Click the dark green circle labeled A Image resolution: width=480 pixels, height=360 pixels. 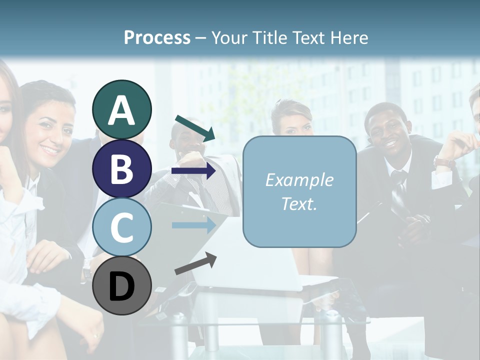tap(121, 109)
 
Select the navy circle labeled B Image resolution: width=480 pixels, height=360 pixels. tap(121, 168)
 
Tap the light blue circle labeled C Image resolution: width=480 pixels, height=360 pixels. tap(121, 227)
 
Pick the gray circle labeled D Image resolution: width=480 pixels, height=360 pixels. tap(121, 285)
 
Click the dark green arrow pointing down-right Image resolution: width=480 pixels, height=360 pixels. tap(195, 128)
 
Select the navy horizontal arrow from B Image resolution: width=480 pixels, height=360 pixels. tap(193, 171)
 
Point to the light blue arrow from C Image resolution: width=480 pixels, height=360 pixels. tap(193, 225)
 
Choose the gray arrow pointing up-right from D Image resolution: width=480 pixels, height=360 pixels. tap(195, 263)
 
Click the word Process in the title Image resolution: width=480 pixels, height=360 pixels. tap(157, 37)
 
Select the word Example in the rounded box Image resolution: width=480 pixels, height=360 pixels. tap(299, 180)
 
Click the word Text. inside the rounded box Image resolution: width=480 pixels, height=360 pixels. tap(299, 204)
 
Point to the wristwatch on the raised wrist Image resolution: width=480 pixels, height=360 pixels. tap(443, 161)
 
